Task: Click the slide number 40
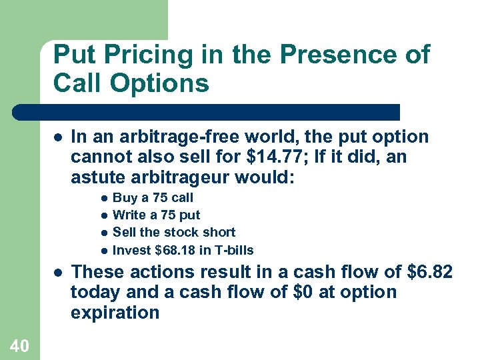(x=19, y=345)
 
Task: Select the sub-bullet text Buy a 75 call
(x=153, y=197)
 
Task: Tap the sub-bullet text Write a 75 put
(x=156, y=215)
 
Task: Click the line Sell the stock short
(x=174, y=232)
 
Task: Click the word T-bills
(x=232, y=250)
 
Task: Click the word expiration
(x=115, y=313)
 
